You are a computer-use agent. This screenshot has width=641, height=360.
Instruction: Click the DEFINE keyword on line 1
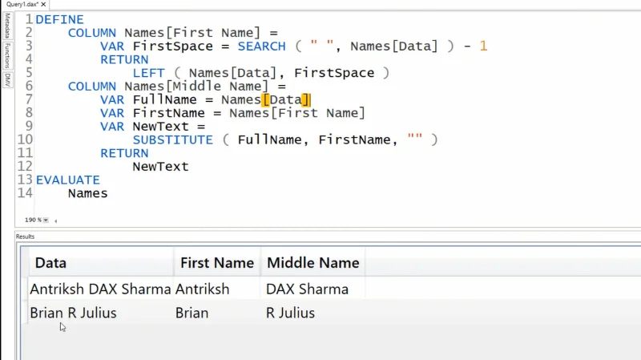pyautogui.click(x=59, y=19)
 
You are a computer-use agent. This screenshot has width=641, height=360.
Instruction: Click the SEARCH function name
pyautogui.click(x=262, y=47)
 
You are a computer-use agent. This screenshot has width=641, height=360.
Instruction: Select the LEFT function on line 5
pyautogui.click(x=149, y=73)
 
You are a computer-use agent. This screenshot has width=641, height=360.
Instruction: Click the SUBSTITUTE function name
pyautogui.click(x=173, y=140)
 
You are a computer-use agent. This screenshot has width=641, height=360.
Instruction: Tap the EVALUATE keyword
pyautogui.click(x=68, y=180)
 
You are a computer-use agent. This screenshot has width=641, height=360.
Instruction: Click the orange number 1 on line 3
pyautogui.click(x=484, y=47)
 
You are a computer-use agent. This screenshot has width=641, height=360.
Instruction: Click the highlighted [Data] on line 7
pyautogui.click(x=286, y=99)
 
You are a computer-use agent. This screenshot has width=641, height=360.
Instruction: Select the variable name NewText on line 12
pyautogui.click(x=161, y=167)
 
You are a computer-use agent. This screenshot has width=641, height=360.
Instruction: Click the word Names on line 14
pyautogui.click(x=88, y=193)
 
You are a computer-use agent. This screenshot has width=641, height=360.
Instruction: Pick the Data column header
pyautogui.click(x=50, y=263)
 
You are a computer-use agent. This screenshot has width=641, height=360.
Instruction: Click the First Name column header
pyautogui.click(x=217, y=263)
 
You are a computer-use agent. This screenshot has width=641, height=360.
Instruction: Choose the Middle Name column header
pyautogui.click(x=313, y=263)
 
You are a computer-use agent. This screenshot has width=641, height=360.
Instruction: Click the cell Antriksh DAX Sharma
pyautogui.click(x=100, y=289)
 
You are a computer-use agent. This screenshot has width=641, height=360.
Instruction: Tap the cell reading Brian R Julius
pyautogui.click(x=73, y=313)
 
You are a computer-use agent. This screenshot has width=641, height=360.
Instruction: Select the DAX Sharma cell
pyautogui.click(x=307, y=289)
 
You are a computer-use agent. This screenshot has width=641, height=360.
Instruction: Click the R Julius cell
pyautogui.click(x=290, y=313)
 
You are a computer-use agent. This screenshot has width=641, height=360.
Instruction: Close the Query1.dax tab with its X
pyautogui.click(x=43, y=5)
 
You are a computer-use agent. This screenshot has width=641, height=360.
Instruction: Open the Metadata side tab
pyautogui.click(x=7, y=26)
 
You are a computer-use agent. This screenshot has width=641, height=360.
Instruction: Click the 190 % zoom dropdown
pyautogui.click(x=46, y=220)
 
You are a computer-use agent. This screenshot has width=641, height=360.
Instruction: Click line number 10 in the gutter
pyautogui.click(x=25, y=140)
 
